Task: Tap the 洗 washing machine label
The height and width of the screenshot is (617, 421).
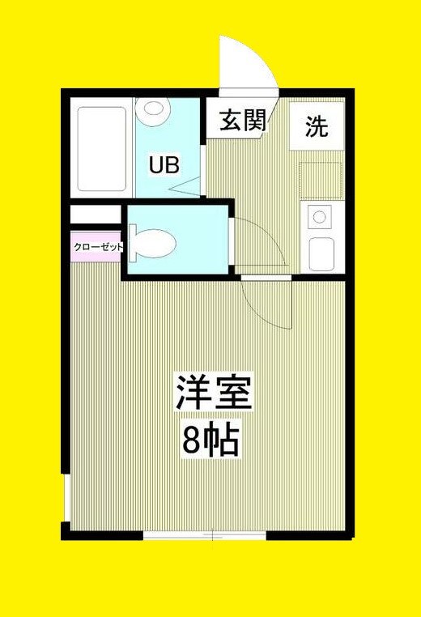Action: [317, 126]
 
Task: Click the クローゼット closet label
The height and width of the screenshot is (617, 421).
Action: [98, 246]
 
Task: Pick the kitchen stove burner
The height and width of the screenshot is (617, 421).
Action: [319, 216]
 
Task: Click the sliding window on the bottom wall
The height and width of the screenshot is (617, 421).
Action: [205, 534]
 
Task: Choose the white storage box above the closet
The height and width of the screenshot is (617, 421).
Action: [94, 215]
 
